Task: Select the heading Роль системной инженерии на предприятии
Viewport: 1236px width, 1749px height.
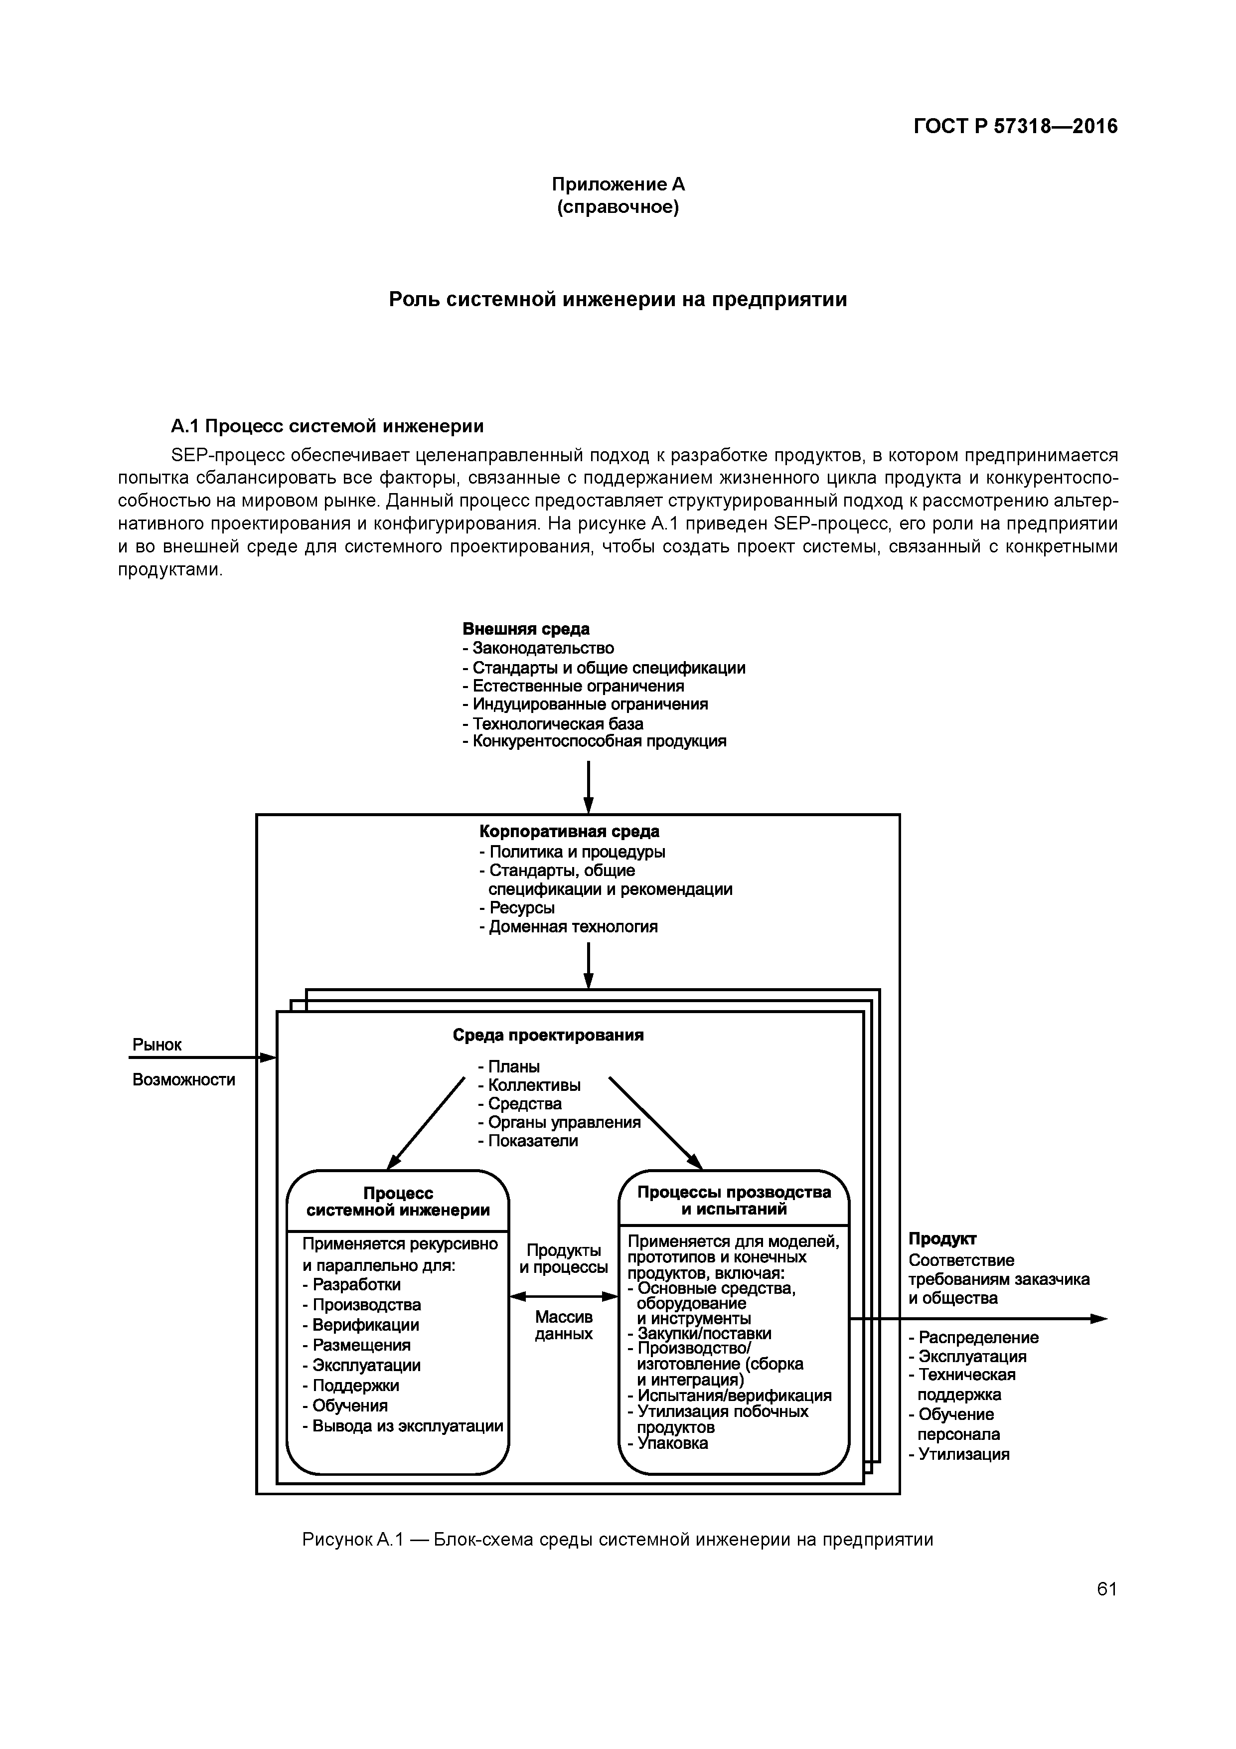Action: (x=618, y=299)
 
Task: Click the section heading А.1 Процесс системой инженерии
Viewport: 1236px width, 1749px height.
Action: (x=327, y=425)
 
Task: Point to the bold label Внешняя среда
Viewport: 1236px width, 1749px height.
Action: (x=525, y=629)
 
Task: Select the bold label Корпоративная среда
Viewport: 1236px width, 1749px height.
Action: (x=569, y=831)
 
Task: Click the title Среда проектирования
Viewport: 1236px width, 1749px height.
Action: (x=548, y=1035)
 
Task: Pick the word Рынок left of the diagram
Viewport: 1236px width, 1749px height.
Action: (x=157, y=1045)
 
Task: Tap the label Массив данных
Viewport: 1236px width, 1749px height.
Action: (x=564, y=1325)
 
